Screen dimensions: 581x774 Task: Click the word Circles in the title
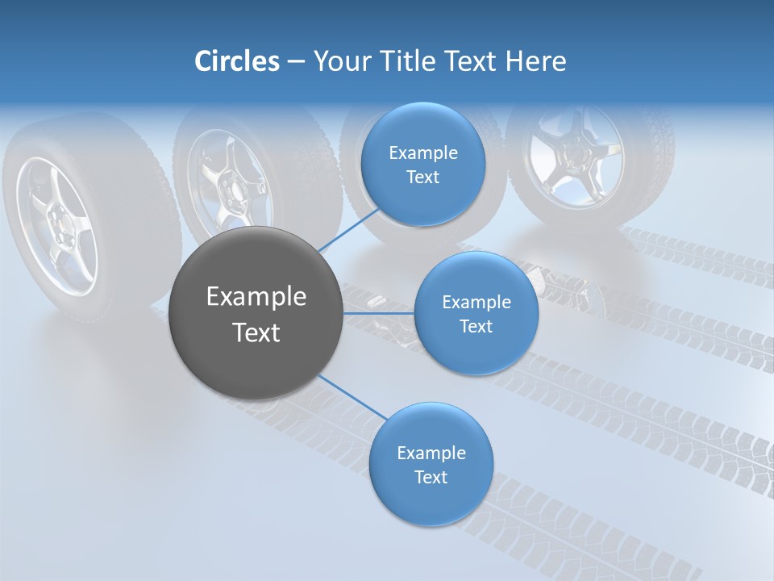click(x=236, y=61)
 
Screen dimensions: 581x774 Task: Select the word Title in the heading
click(x=407, y=61)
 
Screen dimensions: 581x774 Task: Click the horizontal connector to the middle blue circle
click(x=379, y=313)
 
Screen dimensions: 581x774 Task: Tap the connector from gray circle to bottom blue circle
click(x=353, y=397)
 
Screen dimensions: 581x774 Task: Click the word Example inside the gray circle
click(x=256, y=297)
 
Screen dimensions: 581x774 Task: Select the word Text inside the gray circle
click(x=256, y=332)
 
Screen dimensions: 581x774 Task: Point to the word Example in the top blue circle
click(x=422, y=153)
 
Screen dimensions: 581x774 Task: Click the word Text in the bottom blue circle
click(x=431, y=477)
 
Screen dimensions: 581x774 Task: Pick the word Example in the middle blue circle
click(x=476, y=303)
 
